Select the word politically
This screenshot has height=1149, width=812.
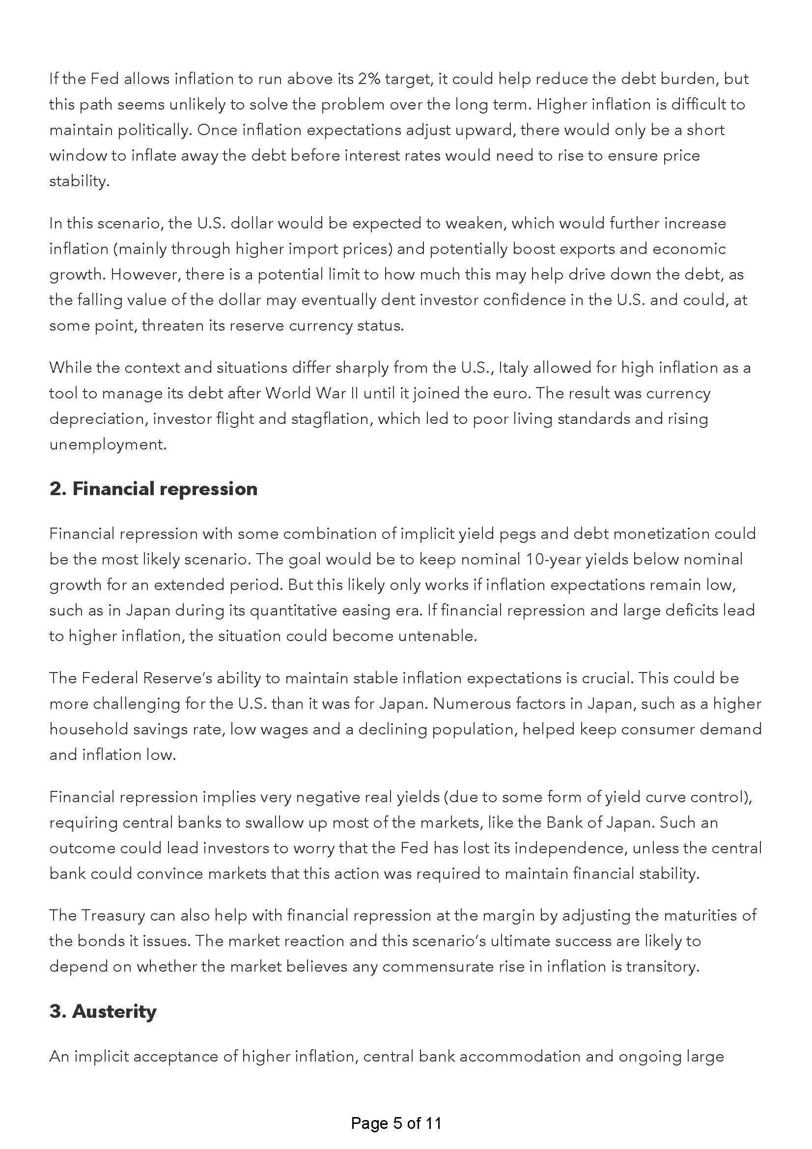pos(155,131)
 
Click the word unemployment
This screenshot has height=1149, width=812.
pos(108,445)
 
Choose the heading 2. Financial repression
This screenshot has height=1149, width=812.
pos(153,489)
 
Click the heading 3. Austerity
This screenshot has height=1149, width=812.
pos(103,1011)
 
